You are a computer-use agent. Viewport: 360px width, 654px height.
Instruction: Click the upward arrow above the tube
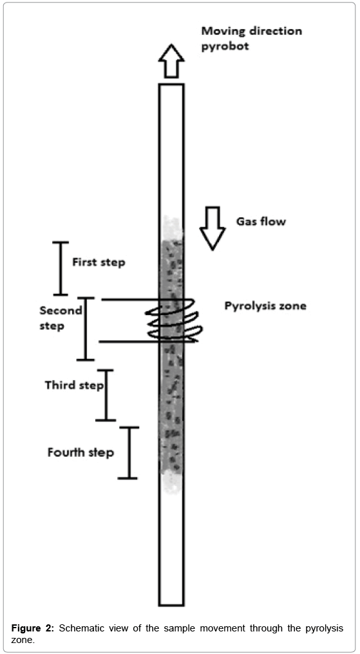pos(171,61)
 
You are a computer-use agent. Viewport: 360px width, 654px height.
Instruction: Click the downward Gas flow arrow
pos(213,228)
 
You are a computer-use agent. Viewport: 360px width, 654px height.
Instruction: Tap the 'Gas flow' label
pos(261,221)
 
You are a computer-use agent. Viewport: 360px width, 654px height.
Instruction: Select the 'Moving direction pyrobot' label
pos(252,38)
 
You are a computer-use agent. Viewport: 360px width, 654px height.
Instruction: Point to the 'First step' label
pos(99,262)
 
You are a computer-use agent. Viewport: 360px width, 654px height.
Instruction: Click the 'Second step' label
pos(61,318)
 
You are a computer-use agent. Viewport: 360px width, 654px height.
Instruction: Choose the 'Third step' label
pos(74,385)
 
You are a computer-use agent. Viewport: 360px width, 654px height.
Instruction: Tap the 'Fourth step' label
pos(81,452)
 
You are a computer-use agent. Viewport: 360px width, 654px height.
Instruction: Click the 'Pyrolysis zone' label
pos(265,305)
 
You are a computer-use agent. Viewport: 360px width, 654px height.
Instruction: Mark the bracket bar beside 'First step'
pos(60,268)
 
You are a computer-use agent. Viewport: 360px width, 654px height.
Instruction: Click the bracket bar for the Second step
pos(86,329)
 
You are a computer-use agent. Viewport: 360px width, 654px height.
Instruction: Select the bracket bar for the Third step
pos(106,395)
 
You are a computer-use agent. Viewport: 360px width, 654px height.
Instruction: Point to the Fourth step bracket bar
pos(128,452)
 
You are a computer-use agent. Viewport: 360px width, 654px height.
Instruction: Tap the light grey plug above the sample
pos(171,227)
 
